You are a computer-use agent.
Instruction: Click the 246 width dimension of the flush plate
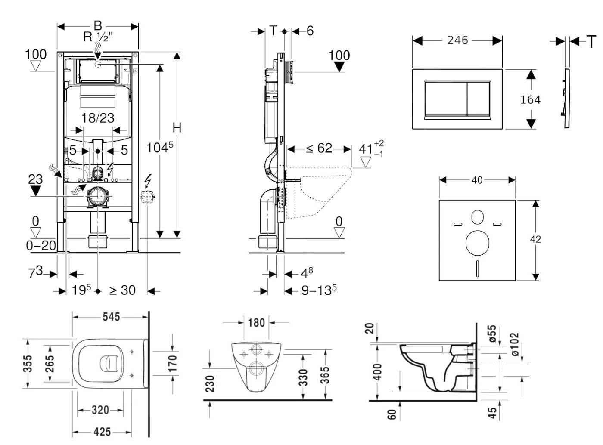(457, 40)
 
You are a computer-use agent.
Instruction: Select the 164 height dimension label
(530, 99)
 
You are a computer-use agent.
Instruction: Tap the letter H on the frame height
(177, 127)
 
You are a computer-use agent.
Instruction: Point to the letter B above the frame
(98, 25)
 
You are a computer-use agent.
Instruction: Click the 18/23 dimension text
(98, 117)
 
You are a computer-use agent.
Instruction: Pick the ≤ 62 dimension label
(319, 148)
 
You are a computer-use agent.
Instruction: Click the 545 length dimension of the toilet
(111, 317)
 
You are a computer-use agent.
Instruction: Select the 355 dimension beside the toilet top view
(28, 364)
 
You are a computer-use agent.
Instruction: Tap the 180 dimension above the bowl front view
(256, 322)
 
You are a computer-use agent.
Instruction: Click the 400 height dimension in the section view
(377, 372)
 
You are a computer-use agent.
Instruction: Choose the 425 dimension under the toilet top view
(102, 431)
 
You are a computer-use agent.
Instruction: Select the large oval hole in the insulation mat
(477, 242)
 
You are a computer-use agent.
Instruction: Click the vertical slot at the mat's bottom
(477, 269)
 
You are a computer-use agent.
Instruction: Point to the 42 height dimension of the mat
(535, 239)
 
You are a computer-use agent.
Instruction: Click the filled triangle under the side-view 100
(339, 67)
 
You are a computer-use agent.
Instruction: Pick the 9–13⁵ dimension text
(319, 290)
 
